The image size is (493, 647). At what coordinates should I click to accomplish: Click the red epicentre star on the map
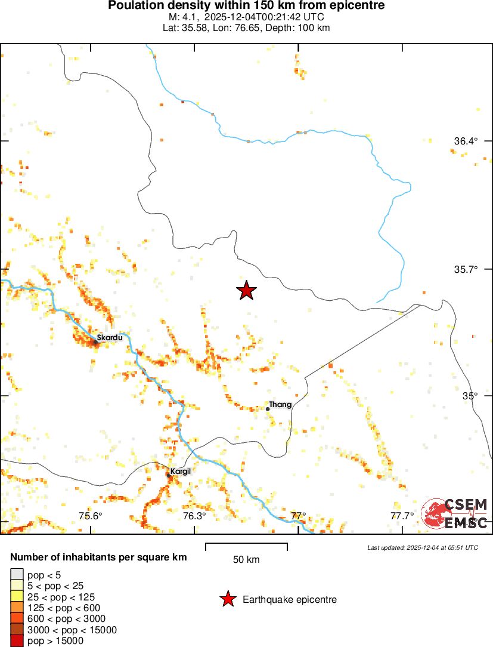point(246,291)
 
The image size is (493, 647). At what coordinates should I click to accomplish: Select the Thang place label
point(280,405)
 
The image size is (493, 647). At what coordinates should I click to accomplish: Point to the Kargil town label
point(180,472)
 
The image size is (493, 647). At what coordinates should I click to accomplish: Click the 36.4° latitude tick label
point(466,141)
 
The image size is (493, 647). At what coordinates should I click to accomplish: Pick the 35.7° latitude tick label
point(466,269)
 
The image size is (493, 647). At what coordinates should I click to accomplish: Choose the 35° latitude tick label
point(472,396)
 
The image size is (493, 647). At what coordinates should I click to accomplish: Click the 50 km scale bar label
point(246,560)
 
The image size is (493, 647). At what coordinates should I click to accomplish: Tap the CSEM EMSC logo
point(455,514)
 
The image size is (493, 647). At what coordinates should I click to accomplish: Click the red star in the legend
point(227,599)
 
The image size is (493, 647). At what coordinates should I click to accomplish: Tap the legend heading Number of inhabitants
point(98,557)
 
